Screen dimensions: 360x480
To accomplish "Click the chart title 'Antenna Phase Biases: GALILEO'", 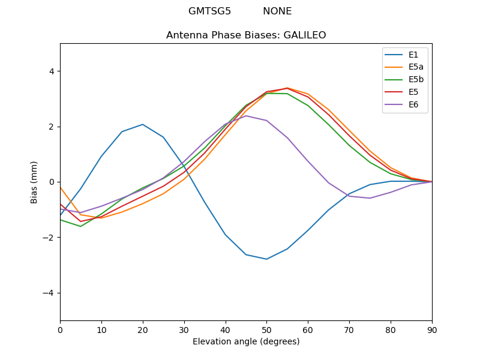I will click(x=246, y=35).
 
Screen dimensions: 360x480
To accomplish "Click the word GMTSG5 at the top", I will click(x=209, y=11).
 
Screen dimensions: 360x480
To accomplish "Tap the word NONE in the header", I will click(x=277, y=11).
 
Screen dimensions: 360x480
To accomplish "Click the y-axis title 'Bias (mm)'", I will click(x=34, y=182).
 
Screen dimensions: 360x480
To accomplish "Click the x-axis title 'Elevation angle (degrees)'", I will click(x=246, y=341).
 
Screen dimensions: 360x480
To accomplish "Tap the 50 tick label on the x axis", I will click(x=266, y=329).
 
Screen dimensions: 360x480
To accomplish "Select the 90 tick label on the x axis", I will click(x=432, y=329).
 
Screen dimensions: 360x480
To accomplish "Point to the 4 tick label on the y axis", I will click(x=51, y=71).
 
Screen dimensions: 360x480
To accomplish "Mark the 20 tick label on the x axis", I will click(x=143, y=329).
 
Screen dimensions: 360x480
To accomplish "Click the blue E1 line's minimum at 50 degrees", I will click(x=266, y=259).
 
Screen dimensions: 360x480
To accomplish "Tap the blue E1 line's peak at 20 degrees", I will click(x=143, y=124).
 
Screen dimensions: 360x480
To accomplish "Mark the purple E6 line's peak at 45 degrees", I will click(x=246, y=115).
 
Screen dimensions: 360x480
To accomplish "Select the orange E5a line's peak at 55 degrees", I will click(x=287, y=88).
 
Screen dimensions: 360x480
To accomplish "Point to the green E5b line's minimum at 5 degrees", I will click(x=80, y=226).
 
